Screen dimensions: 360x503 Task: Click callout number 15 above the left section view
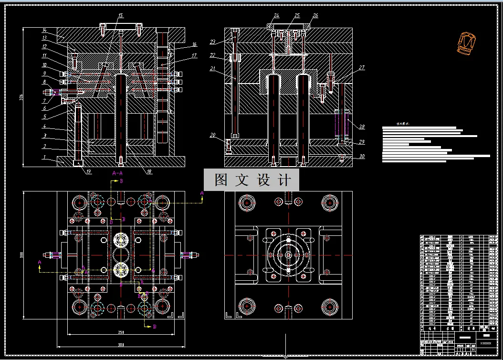(x=120, y=15)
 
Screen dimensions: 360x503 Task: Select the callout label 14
(x=44, y=30)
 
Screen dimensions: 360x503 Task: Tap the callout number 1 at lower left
(x=44, y=157)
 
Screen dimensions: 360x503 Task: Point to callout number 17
(x=194, y=56)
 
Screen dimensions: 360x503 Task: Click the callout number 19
(x=89, y=172)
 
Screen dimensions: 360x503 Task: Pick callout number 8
(x=44, y=82)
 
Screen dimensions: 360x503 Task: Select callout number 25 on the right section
(x=297, y=15)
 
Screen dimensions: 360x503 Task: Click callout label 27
(x=362, y=68)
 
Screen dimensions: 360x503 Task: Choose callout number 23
(x=213, y=42)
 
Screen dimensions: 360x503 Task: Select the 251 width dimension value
(x=121, y=332)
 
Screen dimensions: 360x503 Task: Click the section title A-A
(x=117, y=173)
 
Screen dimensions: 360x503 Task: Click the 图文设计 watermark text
(x=252, y=180)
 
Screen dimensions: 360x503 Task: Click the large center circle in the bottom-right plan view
(x=288, y=254)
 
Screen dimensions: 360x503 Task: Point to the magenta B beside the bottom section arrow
(x=154, y=327)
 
